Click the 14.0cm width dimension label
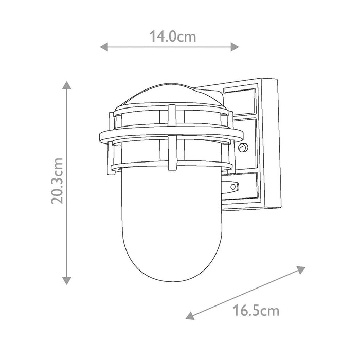coord(173,37)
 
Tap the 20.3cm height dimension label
coord(57,181)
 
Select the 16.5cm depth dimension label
coord(256,311)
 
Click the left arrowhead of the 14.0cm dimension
coord(104,47)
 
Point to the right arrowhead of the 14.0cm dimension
coord(235,47)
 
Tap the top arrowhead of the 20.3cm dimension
coord(66,85)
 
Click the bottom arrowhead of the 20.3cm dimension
coord(66,281)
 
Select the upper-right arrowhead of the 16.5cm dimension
coord(301,269)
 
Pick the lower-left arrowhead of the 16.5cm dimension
coord(190,316)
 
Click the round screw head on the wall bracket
coord(243,148)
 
